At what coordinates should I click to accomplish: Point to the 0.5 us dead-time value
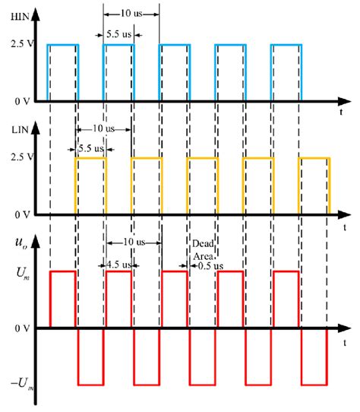tap(209, 266)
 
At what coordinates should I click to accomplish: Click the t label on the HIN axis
tap(336, 112)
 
